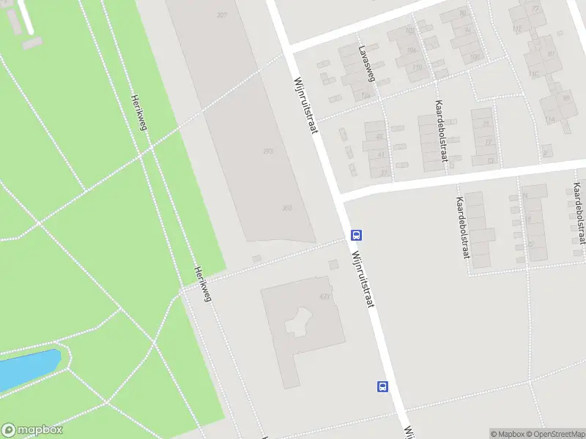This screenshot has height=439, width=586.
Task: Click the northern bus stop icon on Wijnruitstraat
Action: (357, 235)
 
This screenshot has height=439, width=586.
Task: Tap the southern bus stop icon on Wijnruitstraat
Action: (382, 386)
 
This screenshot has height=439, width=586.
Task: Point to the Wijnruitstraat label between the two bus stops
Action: (363, 278)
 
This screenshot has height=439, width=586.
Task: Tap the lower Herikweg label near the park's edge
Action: (202, 282)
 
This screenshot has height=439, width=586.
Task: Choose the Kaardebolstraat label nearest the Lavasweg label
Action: (441, 130)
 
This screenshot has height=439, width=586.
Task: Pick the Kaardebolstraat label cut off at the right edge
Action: (578, 212)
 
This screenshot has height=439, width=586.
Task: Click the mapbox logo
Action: (32, 430)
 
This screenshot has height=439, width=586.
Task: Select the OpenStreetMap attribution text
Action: (555, 434)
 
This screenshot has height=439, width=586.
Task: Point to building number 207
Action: (222, 15)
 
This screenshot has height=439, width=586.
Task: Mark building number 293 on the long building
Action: (268, 151)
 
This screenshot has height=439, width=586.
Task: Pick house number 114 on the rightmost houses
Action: (549, 120)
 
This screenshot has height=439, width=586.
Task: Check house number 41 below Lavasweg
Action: (381, 154)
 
